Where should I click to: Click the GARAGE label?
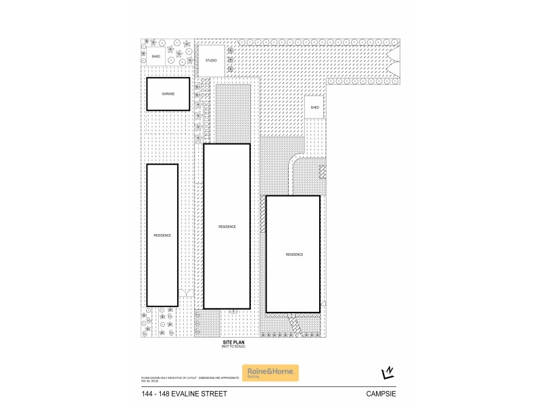coord(168,93)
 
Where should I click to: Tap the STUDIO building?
coord(210,61)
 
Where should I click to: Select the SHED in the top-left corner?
coord(156,57)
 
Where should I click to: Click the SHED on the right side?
coord(314,108)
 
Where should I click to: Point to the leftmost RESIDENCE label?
coord(162,235)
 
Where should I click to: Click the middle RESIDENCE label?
coord(227,227)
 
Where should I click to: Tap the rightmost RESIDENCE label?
coord(293,254)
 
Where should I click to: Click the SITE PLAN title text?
coord(234,342)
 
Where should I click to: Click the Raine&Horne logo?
coord(270,373)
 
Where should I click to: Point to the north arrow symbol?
coord(388,373)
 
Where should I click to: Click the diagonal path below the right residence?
coord(296,328)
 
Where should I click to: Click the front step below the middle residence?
coord(233,311)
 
